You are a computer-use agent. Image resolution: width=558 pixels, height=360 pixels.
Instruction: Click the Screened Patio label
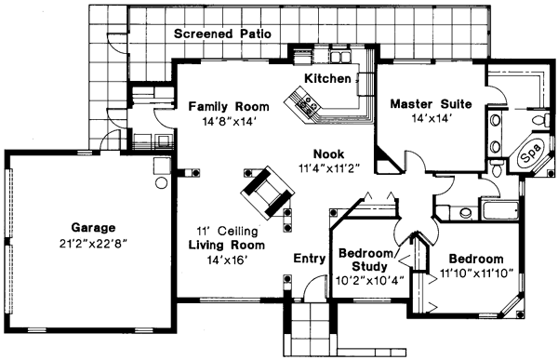click(x=222, y=33)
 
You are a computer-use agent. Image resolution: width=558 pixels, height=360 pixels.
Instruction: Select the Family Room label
click(x=228, y=105)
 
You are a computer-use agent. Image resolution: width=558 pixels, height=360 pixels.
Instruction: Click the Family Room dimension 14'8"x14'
click(x=228, y=120)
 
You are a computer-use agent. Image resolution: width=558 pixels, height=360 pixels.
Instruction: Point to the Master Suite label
click(x=431, y=103)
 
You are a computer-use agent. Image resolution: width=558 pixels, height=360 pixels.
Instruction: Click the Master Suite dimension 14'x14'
click(x=431, y=118)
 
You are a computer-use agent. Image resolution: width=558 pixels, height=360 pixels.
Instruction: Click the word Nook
click(x=329, y=154)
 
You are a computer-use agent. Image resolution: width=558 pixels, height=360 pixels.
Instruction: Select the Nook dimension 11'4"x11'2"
click(x=329, y=168)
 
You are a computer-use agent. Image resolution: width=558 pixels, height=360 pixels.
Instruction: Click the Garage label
click(x=92, y=227)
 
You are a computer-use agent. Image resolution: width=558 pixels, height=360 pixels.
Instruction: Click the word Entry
click(x=309, y=258)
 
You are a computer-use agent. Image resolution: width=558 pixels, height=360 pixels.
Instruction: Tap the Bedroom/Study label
click(x=368, y=259)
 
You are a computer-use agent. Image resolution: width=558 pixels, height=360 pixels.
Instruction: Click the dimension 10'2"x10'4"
click(x=368, y=278)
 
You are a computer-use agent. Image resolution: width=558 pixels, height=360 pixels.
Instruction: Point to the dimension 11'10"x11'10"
click(x=475, y=273)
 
